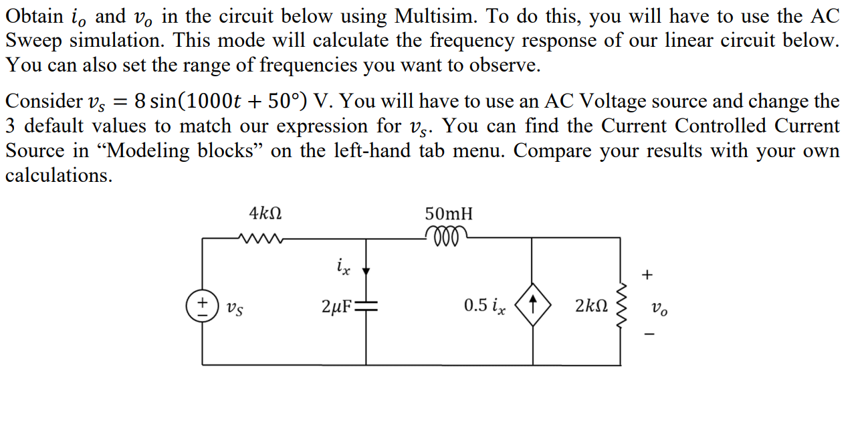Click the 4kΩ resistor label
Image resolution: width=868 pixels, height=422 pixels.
(x=265, y=214)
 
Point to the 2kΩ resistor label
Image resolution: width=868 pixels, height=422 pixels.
(x=591, y=307)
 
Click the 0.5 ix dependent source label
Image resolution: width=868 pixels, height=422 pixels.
(x=485, y=306)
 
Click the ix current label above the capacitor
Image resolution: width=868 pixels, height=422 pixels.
(x=342, y=268)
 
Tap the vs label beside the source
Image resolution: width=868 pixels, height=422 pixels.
(x=233, y=308)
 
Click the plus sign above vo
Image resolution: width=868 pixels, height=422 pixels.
(x=646, y=274)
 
